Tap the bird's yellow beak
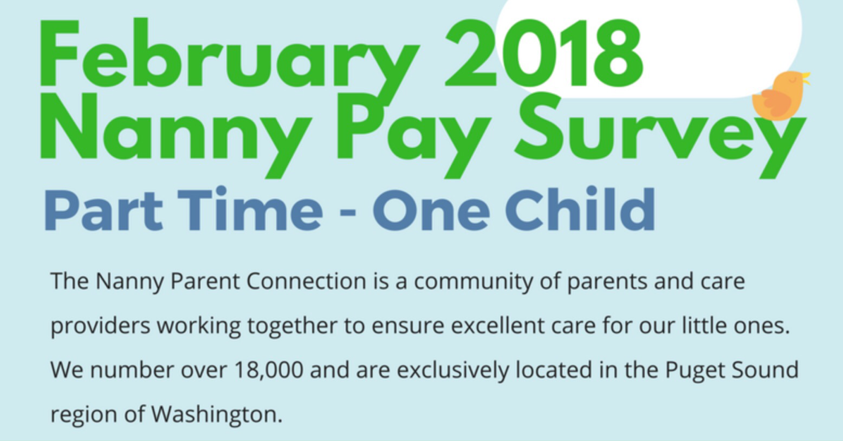coord(805,79)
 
